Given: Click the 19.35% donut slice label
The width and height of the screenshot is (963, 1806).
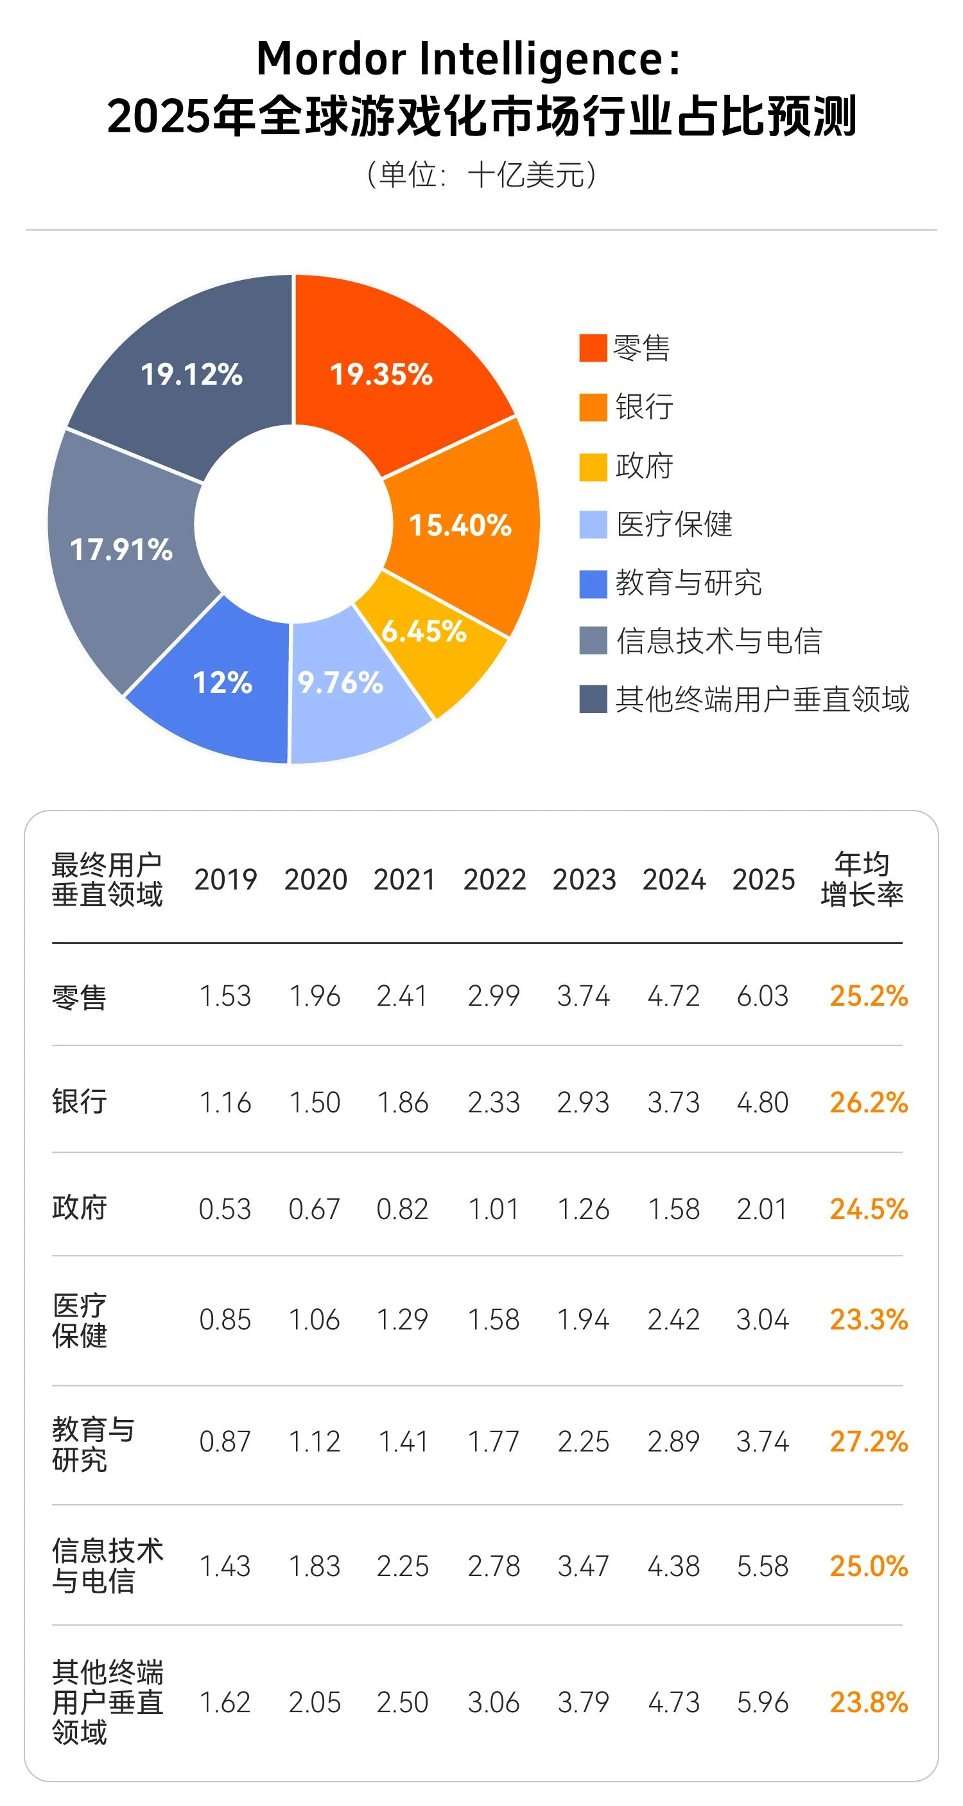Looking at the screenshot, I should coord(381,374).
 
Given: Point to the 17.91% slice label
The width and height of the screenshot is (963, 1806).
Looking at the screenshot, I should coord(121,550).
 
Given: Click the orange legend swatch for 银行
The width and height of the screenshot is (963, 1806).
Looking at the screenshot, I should coord(592,407).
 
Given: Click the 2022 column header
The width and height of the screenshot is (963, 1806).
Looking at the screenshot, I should coord(494,880).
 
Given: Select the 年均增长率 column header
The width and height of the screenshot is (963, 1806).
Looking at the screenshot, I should coord(862,879).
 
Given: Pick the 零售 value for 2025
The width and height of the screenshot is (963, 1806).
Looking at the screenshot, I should coord(763,996).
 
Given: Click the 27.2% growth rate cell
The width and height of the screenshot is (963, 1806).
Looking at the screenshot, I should coord(869,1442).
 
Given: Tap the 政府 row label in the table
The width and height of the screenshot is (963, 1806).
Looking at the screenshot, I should coord(79,1209).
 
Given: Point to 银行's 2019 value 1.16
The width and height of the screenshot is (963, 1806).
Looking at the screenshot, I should coord(225,1103).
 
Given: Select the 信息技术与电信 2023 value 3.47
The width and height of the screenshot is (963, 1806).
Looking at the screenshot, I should coord(583,1567).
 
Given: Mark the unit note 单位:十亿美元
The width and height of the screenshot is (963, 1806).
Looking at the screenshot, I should coord(481,175).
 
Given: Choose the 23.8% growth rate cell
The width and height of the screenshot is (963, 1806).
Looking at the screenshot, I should coord(869,1702).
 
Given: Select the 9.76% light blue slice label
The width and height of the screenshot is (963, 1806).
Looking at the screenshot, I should coord(341,683).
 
